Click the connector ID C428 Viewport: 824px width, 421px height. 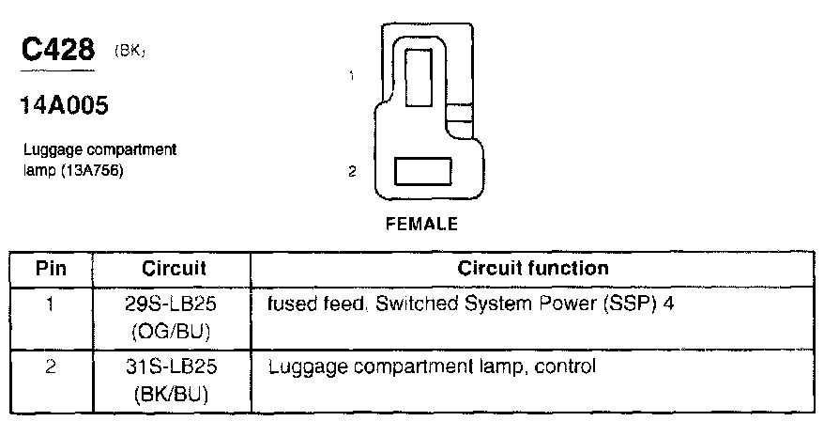(55, 52)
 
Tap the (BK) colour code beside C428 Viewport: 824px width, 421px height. (130, 55)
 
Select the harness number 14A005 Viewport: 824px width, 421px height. (64, 106)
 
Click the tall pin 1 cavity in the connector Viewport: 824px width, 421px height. (419, 86)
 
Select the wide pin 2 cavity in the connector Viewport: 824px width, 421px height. (424, 172)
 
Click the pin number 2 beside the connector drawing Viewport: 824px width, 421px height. (351, 172)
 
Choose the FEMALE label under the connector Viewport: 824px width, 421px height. (421, 225)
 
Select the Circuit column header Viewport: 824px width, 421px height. (174, 268)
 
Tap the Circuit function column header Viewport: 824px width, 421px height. (533, 268)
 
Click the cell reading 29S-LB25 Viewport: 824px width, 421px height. (174, 305)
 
